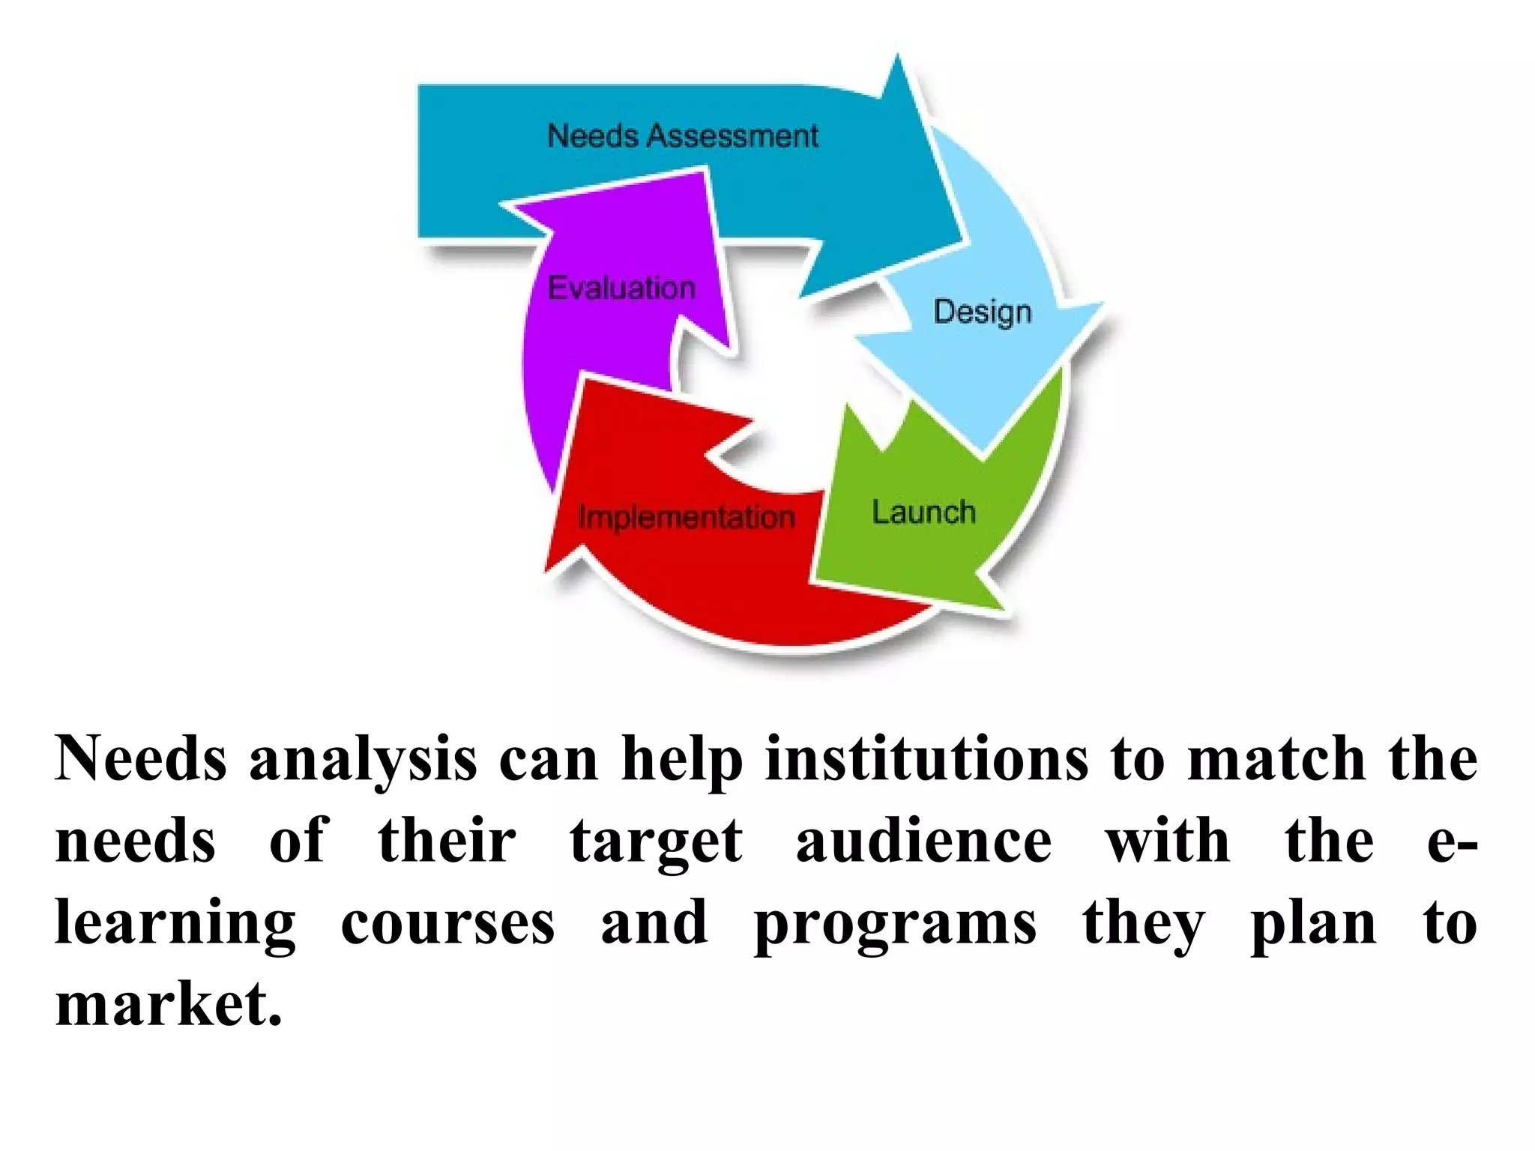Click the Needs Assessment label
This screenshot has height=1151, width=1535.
pos(682,136)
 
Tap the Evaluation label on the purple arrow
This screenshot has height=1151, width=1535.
pos(621,288)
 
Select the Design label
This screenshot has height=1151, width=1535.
pos(982,311)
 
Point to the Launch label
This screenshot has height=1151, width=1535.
pos(923,513)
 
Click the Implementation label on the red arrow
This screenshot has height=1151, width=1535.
pos(686,517)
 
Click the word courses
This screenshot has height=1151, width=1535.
pos(447,923)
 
